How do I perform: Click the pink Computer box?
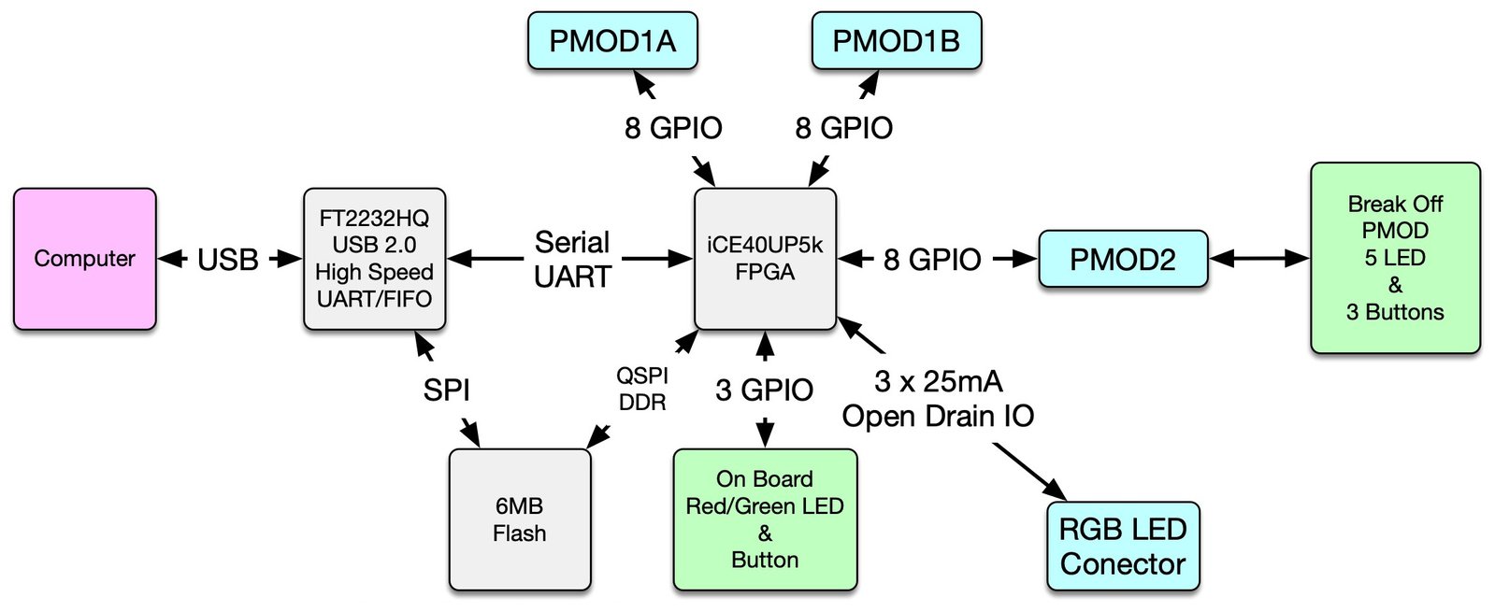click(x=84, y=259)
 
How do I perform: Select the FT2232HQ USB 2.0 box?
click(x=374, y=259)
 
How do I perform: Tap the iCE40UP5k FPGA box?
click(x=765, y=259)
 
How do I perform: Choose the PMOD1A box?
click(x=612, y=41)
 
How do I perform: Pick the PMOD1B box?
click(x=896, y=41)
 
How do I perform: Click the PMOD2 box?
click(x=1123, y=259)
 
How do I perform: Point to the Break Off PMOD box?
click(x=1395, y=258)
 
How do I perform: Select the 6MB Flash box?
click(x=520, y=519)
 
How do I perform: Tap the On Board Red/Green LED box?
click(x=765, y=519)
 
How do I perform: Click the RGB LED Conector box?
click(x=1123, y=547)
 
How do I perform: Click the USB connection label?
click(x=228, y=260)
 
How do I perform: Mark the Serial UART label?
click(x=572, y=260)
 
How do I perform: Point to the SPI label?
click(x=446, y=390)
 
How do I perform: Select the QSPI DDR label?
click(x=642, y=389)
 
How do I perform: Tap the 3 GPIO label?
click(x=765, y=390)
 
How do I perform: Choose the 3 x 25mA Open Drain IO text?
click(x=938, y=399)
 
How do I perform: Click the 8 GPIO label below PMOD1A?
click(x=673, y=128)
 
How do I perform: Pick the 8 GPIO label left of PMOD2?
click(x=932, y=260)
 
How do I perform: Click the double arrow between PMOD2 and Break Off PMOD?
click(x=1259, y=259)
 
